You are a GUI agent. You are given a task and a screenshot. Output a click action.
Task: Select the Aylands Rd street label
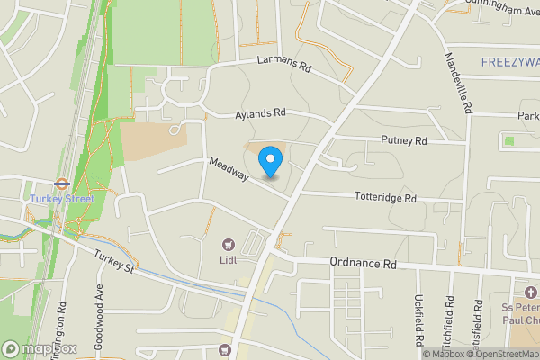tap(260, 114)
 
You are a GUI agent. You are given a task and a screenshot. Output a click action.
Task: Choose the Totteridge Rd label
tap(385, 197)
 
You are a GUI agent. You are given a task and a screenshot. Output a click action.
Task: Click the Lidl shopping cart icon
tap(229, 243)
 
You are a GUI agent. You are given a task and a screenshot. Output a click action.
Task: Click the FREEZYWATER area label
tap(509, 62)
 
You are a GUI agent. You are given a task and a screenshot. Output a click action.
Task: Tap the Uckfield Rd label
tap(418, 321)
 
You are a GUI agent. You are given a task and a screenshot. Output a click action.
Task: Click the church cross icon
tap(530, 294)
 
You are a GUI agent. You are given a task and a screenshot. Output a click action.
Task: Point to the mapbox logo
tap(40, 348)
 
